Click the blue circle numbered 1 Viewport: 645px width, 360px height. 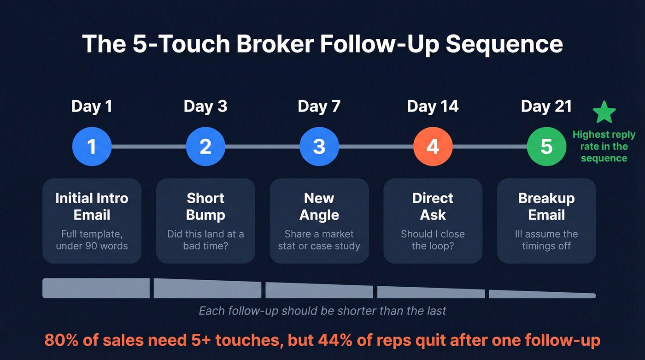tap(92, 147)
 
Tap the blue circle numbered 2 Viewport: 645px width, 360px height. tap(205, 147)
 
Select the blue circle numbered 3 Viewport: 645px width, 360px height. tap(319, 147)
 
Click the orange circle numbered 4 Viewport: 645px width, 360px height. tap(433, 147)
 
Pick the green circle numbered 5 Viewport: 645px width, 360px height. tap(546, 147)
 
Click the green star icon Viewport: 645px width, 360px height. tap(604, 112)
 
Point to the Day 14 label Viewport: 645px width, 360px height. tap(433, 106)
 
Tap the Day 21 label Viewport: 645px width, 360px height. tap(546, 106)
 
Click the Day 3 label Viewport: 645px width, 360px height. tap(205, 106)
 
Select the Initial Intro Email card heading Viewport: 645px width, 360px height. tap(92, 207)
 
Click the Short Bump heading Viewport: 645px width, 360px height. tap(205, 207)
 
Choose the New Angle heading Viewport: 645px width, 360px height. tap(319, 207)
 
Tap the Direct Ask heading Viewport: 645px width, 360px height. tap(433, 207)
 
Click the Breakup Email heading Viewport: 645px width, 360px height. tap(546, 207)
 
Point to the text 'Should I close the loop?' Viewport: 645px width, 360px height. tap(433, 240)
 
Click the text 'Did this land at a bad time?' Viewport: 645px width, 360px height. tap(205, 240)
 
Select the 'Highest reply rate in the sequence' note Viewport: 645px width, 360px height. tap(604, 147)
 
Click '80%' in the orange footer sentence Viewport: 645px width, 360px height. tap(60, 340)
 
